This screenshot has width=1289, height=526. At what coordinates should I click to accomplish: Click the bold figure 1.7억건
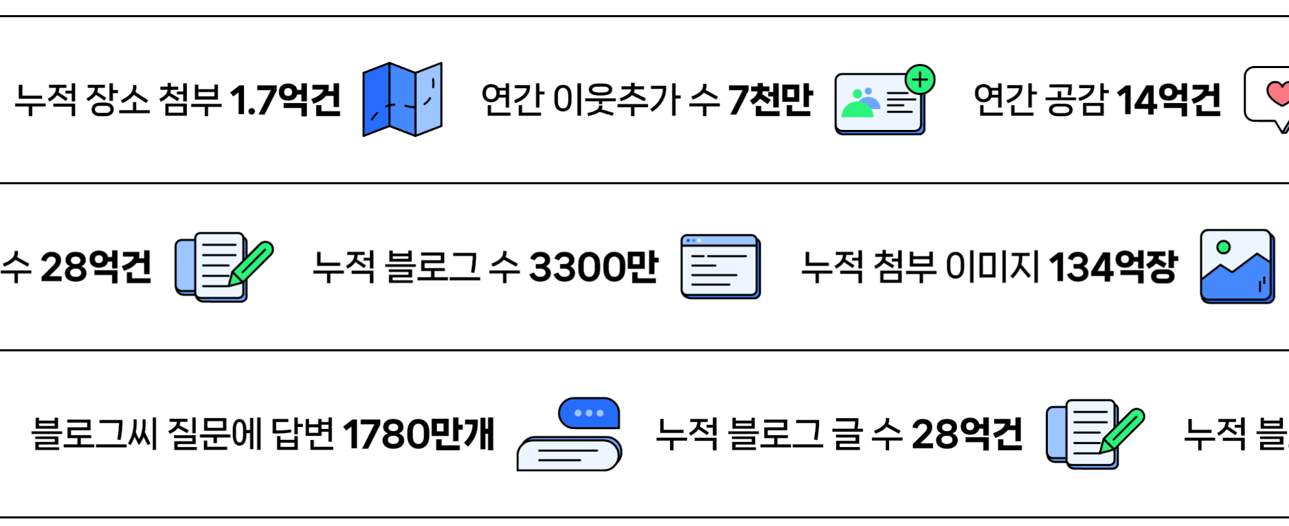285,100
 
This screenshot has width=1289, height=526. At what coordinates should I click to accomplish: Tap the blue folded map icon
402,100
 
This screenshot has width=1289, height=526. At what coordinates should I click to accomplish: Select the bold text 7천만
770,100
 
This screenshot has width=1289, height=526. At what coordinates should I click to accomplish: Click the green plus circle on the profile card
920,80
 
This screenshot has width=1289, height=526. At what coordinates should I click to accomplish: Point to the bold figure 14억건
1169,100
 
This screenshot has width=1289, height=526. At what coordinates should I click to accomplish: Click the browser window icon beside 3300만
720,267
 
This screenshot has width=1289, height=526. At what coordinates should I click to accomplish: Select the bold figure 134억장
1113,267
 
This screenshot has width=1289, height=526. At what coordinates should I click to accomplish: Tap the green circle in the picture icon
1223,247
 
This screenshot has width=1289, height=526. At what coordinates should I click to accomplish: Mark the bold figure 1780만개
418,434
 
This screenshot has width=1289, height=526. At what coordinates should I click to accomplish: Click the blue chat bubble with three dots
589,413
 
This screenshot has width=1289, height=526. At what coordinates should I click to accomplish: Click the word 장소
117,100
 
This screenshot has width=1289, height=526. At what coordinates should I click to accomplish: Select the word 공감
1077,100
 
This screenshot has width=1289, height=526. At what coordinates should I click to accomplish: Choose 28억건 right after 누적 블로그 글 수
967,434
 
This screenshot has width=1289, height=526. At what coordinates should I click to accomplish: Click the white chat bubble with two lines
568,454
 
